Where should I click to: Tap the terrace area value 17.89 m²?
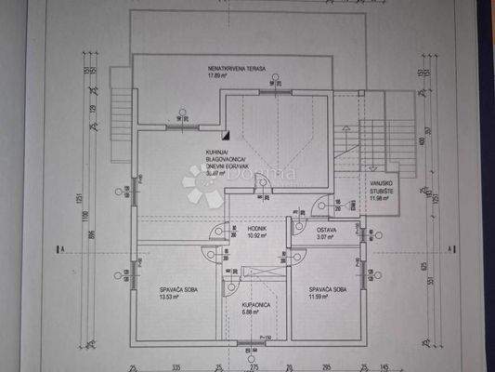217,76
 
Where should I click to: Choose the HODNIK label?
257,228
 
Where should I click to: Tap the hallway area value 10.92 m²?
257,235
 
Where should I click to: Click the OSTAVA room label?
325,230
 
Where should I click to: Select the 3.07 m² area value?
325,238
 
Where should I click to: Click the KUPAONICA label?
255,304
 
